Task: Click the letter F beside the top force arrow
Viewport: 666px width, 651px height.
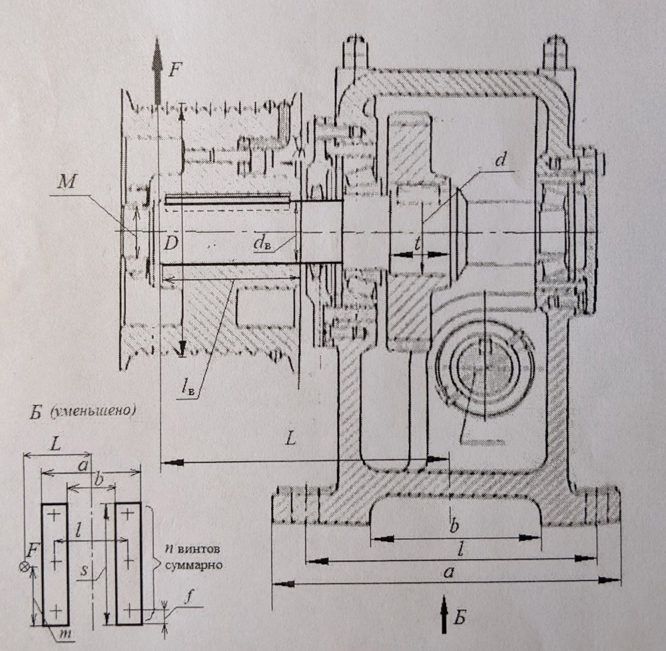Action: pos(174,69)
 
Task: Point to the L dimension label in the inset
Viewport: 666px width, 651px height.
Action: pos(57,442)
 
